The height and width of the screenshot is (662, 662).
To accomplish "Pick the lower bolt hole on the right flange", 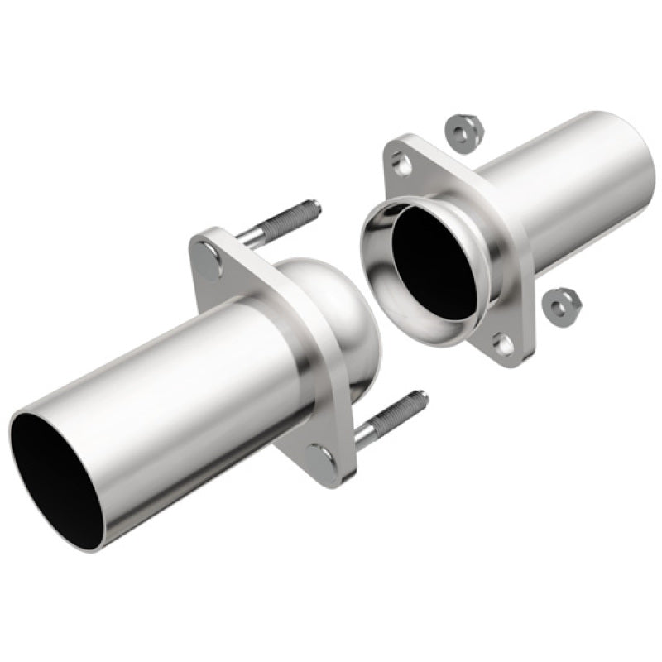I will pos(503,341).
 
